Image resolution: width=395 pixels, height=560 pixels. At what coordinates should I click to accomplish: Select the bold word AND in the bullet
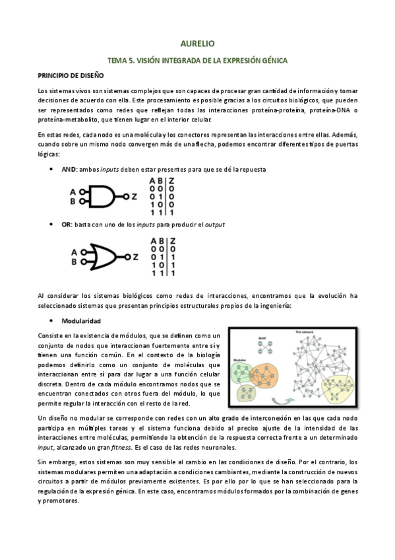[69, 169]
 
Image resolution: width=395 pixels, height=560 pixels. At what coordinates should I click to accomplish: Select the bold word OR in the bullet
[67, 225]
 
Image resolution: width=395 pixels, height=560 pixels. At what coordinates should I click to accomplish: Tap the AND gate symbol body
[102, 196]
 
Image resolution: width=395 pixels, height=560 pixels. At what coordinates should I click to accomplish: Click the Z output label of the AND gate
[134, 196]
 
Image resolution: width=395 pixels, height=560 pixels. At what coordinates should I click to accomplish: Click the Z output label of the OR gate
[136, 257]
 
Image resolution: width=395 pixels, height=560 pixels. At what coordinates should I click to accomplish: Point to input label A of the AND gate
[73, 192]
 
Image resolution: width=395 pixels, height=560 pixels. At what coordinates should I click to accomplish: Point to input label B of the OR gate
[75, 262]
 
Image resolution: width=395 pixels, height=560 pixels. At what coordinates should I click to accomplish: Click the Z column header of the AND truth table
[171, 181]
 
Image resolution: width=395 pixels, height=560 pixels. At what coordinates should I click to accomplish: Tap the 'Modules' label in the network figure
[240, 359]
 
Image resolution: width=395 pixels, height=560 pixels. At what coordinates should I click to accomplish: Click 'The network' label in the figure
[305, 332]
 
